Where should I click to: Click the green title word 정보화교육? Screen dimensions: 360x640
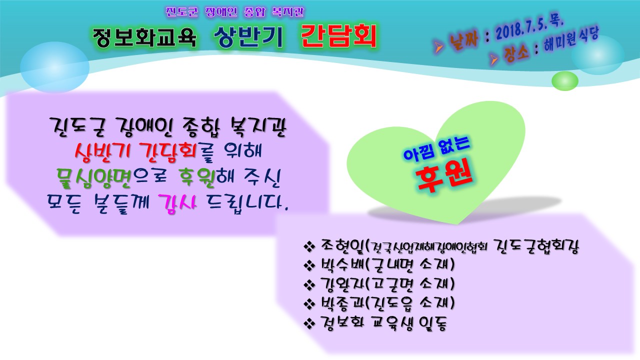(x=144, y=37)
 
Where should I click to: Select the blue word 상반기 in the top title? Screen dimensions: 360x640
(x=248, y=37)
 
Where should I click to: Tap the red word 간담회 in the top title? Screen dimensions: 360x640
(x=338, y=36)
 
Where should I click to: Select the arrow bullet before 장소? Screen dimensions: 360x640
(x=495, y=60)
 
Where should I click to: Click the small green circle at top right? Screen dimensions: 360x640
(x=564, y=80)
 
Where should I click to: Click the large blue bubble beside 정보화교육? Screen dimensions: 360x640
(x=54, y=64)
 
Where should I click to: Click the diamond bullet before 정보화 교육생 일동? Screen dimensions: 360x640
(x=308, y=323)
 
